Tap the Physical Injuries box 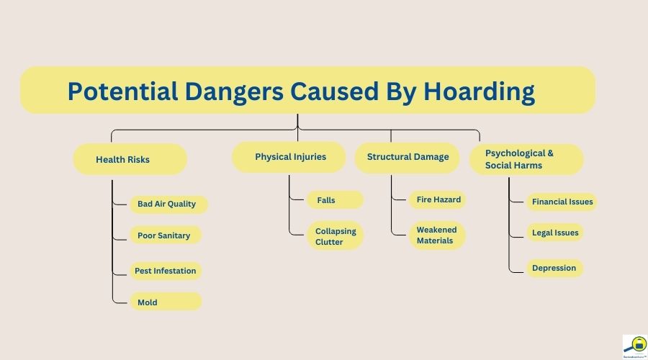289,156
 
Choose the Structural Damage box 407,157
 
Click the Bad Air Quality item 167,204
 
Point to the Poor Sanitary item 165,235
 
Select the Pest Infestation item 165,271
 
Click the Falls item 325,199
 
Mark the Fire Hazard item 438,199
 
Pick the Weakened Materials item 437,235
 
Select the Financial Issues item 562,202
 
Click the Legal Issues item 554,233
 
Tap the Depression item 554,268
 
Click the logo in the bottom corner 634,346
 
